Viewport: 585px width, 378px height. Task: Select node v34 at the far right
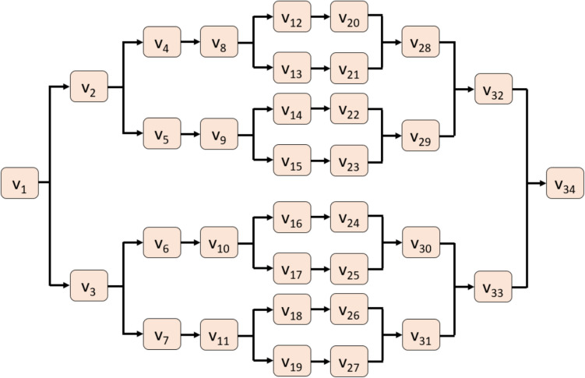tap(565, 184)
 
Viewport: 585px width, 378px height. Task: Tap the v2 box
tap(89, 86)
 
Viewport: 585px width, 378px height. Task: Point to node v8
tap(219, 42)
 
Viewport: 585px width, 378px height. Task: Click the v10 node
tap(219, 243)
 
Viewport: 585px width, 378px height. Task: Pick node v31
tap(421, 337)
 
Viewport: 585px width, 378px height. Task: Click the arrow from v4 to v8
tap(190, 42)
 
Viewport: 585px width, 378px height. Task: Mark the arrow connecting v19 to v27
tap(320, 362)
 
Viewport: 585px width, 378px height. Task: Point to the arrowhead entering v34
tap(542, 184)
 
